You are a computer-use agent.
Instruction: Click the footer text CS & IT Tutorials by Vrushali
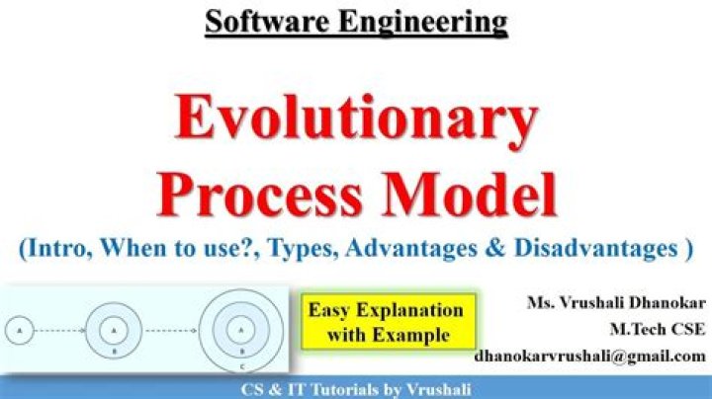click(x=356, y=390)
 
